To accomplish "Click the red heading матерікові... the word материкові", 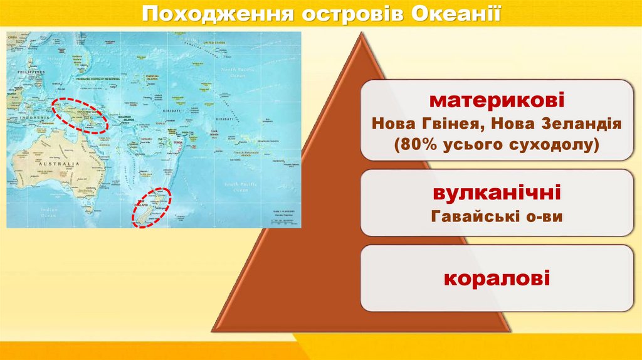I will pyautogui.click(x=497, y=100).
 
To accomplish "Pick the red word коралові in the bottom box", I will pyautogui.click(x=497, y=277).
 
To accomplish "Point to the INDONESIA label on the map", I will pyautogui.click(x=34, y=117).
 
